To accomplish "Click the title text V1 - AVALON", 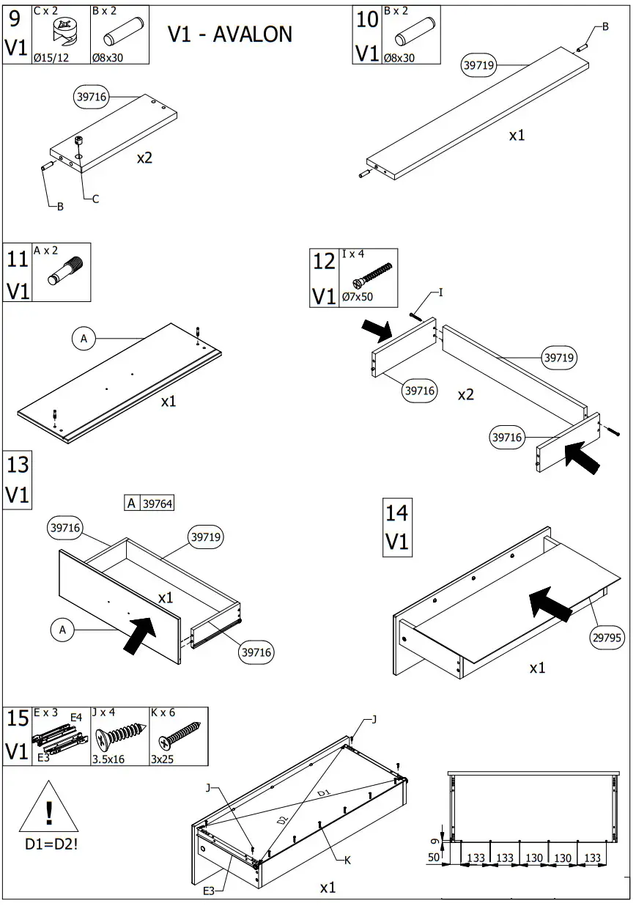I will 229,34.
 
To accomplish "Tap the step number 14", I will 397,512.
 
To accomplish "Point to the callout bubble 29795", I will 607,638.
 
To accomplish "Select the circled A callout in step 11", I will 84,338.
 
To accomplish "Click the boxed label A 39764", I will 150,503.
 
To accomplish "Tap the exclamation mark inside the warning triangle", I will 49,813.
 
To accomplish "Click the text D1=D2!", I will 51,844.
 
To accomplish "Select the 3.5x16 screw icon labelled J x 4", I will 120,735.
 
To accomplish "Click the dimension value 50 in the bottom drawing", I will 435,858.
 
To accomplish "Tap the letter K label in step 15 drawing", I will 347,861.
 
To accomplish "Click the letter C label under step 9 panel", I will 95,199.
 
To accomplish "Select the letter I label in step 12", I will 440,292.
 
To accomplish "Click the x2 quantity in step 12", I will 466,395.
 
